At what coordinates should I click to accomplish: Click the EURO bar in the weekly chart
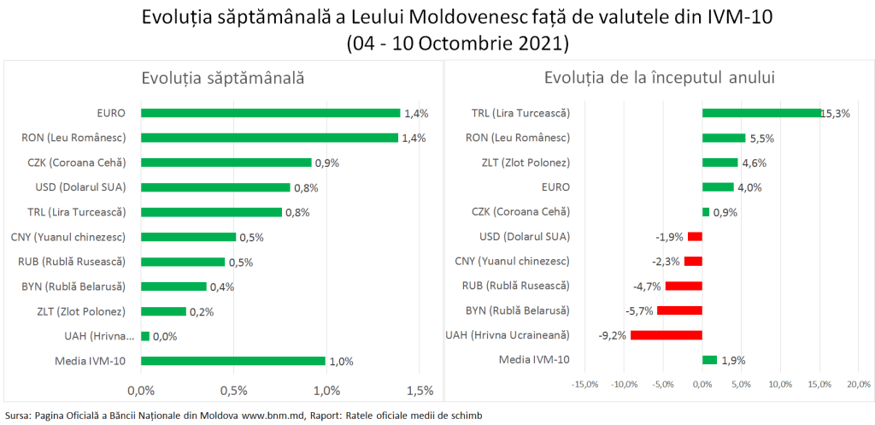tap(270, 113)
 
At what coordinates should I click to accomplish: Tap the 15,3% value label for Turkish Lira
tap(835, 113)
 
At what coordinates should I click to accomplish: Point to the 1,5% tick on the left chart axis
tap(419, 391)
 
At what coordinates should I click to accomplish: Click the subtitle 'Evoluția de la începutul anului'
tap(659, 78)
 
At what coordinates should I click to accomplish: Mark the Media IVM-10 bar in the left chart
tap(232, 361)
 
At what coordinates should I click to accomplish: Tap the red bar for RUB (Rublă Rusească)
tap(684, 286)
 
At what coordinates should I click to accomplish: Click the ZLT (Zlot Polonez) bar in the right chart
tap(719, 162)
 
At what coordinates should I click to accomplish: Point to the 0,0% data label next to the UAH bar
tap(164, 336)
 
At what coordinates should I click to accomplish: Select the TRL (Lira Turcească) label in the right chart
tap(520, 113)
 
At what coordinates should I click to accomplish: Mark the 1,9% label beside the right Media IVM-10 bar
tap(732, 361)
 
